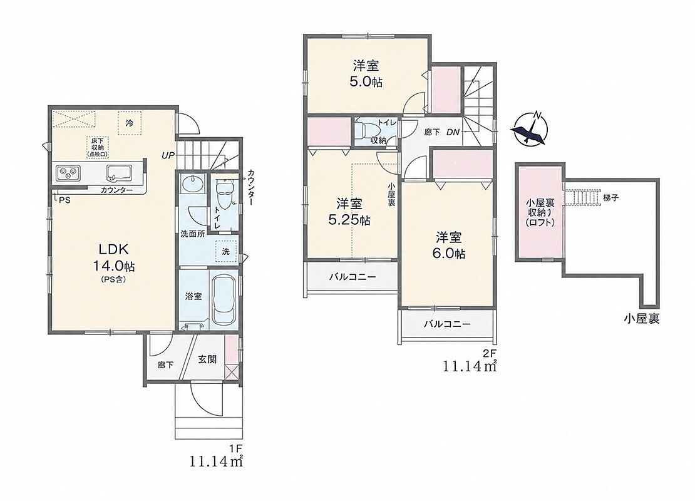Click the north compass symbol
[530, 128]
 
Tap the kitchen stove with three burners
[68, 172]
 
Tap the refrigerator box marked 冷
[130, 123]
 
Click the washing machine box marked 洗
[226, 251]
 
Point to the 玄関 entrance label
[207, 359]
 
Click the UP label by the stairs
[168, 155]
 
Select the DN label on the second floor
[453, 132]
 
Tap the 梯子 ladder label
[610, 198]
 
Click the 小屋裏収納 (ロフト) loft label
[540, 213]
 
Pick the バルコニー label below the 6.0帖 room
[447, 324]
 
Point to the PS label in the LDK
[64, 200]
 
